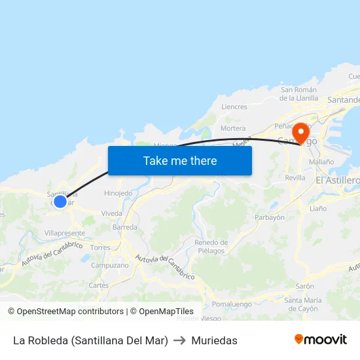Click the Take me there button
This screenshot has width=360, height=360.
tap(180, 160)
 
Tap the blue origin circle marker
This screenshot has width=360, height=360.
tap(60, 201)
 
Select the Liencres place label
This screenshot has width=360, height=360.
tap(234, 107)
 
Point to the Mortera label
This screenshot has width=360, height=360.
tap(233, 128)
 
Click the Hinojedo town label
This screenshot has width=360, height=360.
tap(118, 193)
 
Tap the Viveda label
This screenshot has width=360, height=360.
tap(111, 213)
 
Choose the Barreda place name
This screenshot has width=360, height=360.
tap(125, 227)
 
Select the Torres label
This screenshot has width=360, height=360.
tap(100, 247)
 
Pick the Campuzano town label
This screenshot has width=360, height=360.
tap(110, 265)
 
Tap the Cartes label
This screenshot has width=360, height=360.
tap(98, 285)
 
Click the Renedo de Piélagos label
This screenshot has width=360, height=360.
tap(209, 246)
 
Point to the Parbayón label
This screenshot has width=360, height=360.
tap(269, 217)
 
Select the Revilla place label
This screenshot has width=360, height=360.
tap(295, 177)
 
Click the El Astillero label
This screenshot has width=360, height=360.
tap(338, 180)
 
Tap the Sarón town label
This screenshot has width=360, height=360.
tap(304, 286)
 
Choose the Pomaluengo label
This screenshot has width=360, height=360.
tap(232, 304)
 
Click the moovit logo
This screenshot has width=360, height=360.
tap(321, 340)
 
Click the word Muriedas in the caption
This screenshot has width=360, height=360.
tap(214, 340)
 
